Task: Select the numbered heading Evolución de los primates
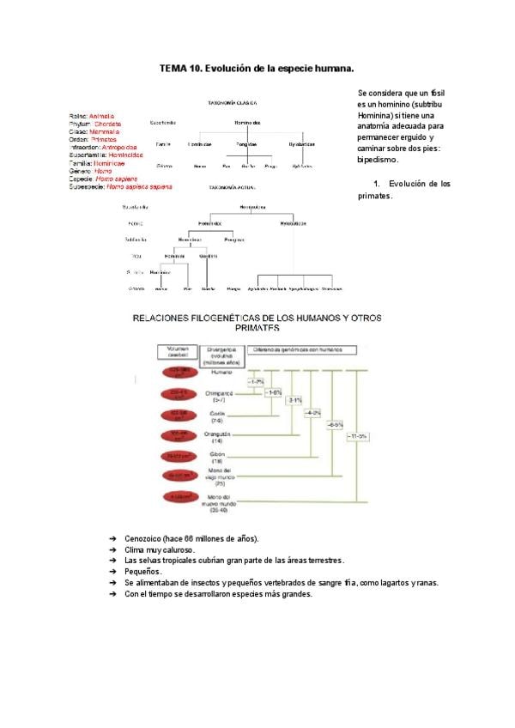(403, 190)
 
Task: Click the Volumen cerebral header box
(177, 352)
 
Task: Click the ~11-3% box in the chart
(358, 437)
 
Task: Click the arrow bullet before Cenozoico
(113, 538)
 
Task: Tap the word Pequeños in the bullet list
(142, 572)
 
